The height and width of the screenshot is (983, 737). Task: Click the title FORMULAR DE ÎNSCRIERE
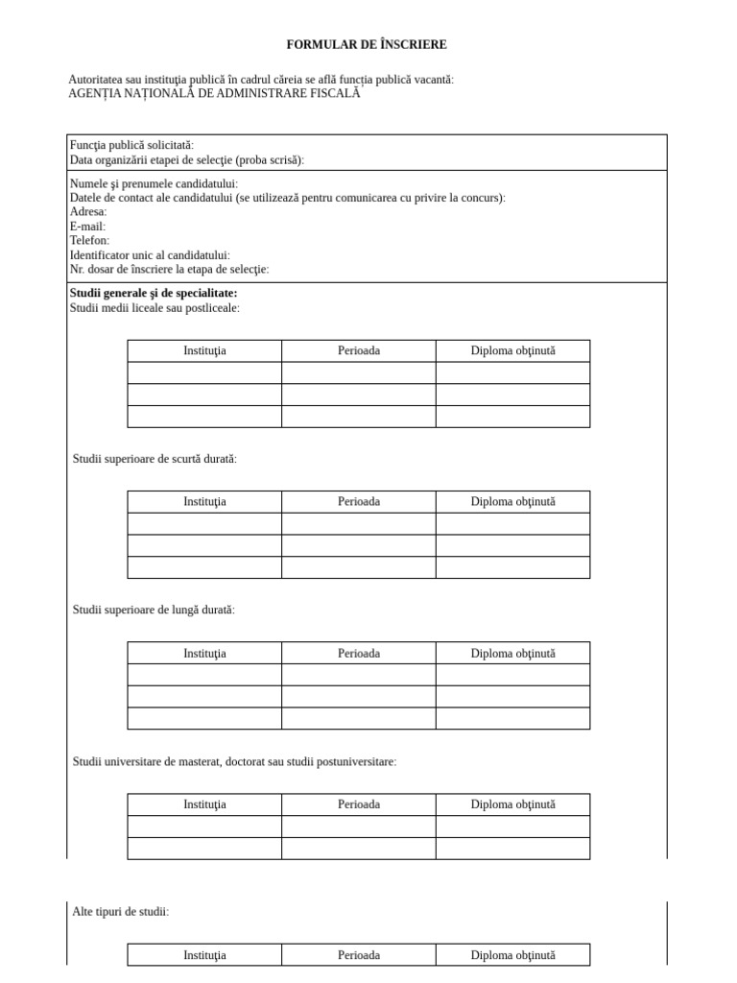pyautogui.click(x=367, y=44)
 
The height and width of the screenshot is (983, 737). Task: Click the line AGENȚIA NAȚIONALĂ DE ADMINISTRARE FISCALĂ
pyautogui.click(x=215, y=93)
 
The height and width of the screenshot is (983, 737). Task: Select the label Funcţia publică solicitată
pyautogui.click(x=131, y=145)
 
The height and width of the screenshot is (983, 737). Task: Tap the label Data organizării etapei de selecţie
pyautogui.click(x=193, y=160)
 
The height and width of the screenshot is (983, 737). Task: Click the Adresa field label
pyautogui.click(x=88, y=212)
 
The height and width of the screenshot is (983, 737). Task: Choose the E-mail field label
pyautogui.click(x=87, y=227)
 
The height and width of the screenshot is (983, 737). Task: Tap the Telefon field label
pyautogui.click(x=89, y=240)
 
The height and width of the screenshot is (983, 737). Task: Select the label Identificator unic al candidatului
pyautogui.click(x=150, y=255)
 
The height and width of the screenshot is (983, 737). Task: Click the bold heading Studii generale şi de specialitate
pyautogui.click(x=154, y=293)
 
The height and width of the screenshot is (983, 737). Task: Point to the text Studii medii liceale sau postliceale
pyautogui.click(x=155, y=308)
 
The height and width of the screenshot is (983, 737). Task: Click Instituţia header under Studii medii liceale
pyautogui.click(x=204, y=350)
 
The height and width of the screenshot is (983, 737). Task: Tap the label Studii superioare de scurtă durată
pyautogui.click(x=155, y=459)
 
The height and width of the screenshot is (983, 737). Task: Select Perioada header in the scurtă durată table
pyautogui.click(x=359, y=501)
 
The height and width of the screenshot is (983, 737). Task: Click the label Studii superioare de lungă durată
pyautogui.click(x=154, y=610)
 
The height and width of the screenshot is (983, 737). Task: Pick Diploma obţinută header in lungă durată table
pyautogui.click(x=512, y=653)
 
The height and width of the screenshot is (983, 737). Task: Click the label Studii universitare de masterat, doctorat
pyautogui.click(x=234, y=761)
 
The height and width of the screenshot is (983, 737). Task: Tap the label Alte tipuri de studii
pyautogui.click(x=121, y=911)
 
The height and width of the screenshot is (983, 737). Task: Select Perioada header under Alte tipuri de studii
pyautogui.click(x=359, y=955)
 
